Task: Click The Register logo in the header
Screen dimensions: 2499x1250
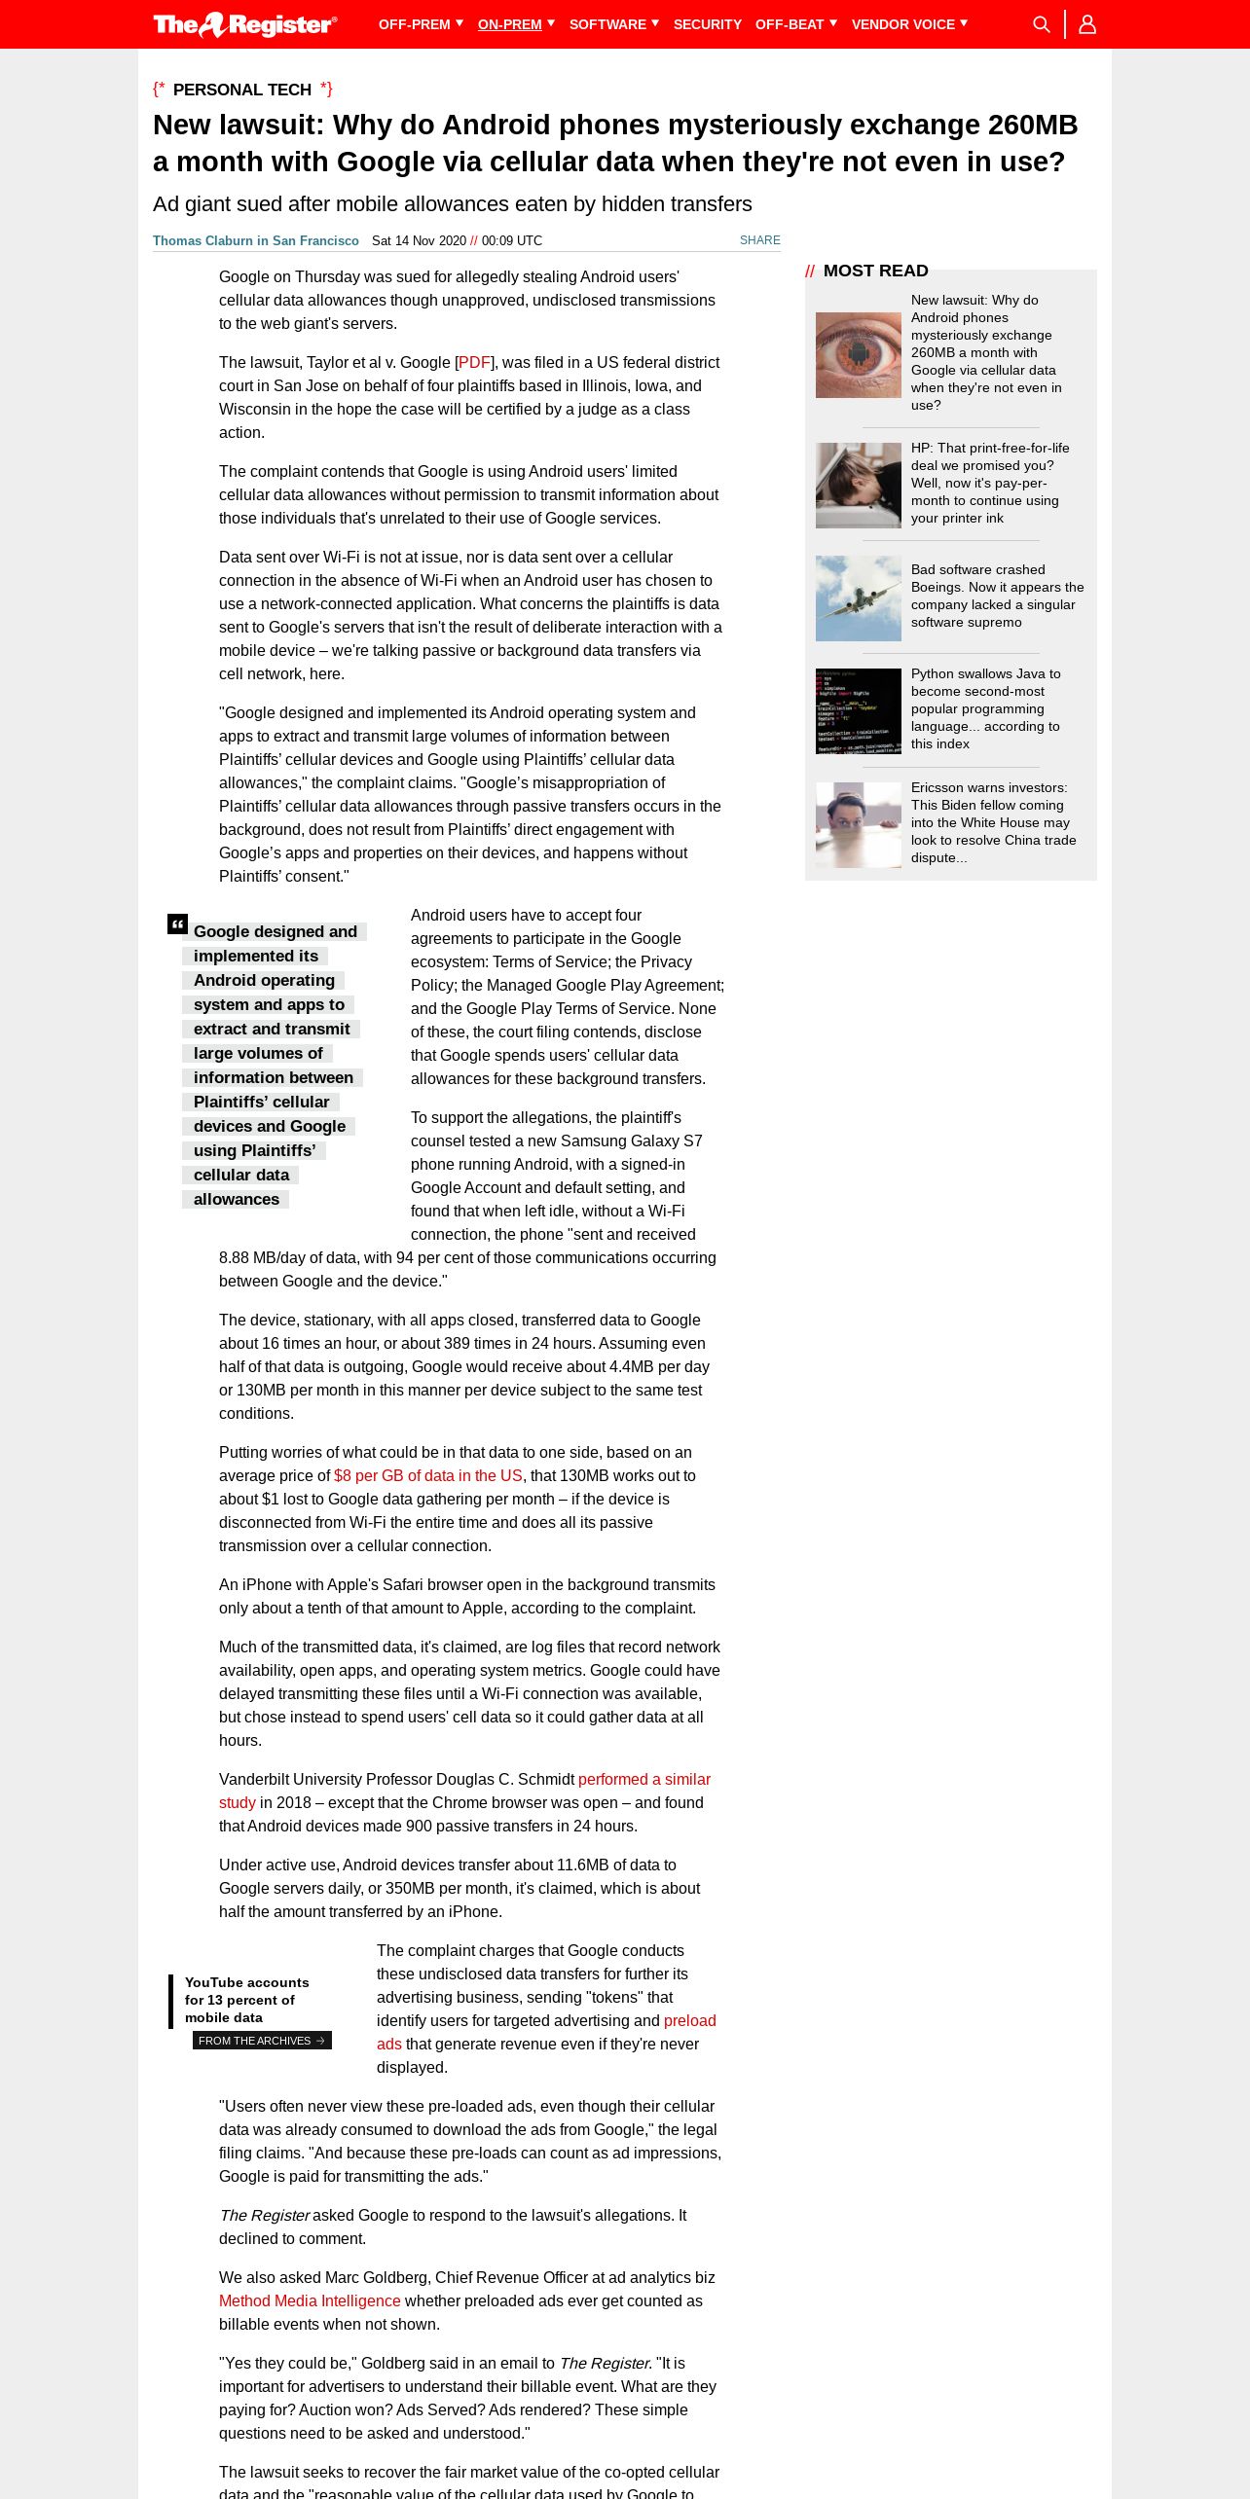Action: (x=245, y=24)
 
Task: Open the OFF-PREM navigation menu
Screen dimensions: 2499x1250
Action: (x=420, y=24)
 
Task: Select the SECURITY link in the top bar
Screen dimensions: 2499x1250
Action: (x=707, y=24)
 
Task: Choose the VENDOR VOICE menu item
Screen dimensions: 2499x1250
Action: (x=908, y=24)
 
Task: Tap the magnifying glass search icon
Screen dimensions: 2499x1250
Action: (x=1041, y=24)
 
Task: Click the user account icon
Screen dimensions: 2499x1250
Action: (x=1087, y=24)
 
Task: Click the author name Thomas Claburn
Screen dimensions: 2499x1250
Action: (x=255, y=241)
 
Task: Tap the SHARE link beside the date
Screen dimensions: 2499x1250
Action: (x=759, y=240)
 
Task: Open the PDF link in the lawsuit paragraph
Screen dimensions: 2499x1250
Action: (x=474, y=363)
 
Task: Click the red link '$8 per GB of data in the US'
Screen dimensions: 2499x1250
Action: (x=428, y=1476)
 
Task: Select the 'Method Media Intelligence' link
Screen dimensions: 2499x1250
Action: (x=310, y=2301)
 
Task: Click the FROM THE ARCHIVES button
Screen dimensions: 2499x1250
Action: (x=262, y=2041)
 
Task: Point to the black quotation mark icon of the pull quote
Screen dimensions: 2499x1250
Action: (x=177, y=924)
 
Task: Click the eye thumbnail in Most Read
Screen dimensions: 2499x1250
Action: (x=858, y=354)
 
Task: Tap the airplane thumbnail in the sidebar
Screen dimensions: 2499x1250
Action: (x=858, y=598)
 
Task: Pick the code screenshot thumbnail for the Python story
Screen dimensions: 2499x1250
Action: (x=858, y=710)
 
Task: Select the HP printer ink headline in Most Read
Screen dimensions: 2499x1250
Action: (x=989, y=483)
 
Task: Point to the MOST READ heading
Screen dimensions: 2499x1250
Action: (x=875, y=271)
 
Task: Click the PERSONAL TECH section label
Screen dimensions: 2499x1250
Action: (x=242, y=90)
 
